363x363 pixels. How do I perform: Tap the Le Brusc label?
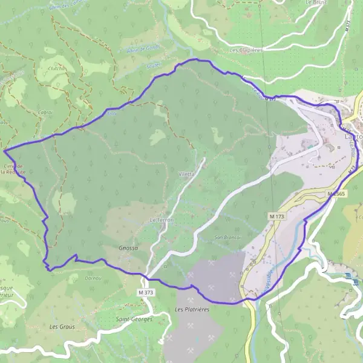[316, 2]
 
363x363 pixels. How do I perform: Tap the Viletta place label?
[186, 174]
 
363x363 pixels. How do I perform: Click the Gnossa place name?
[129, 248]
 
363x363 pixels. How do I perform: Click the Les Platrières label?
[192, 310]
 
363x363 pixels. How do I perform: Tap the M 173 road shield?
[277, 216]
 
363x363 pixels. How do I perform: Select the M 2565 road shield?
[336, 194]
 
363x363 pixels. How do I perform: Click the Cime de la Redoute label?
[13, 169]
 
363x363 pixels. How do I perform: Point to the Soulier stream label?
[153, 65]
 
